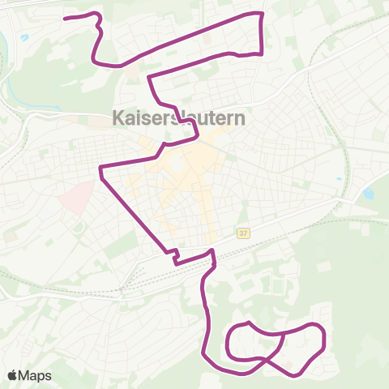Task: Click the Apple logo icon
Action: [x=13, y=375]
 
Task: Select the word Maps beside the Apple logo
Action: [x=36, y=375]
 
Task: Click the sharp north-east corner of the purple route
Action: [x=262, y=14]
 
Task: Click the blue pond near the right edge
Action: [x=369, y=194]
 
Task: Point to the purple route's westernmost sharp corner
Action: [x=100, y=169]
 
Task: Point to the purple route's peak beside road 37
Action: [x=212, y=252]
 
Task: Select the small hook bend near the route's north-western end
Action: [x=98, y=24]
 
